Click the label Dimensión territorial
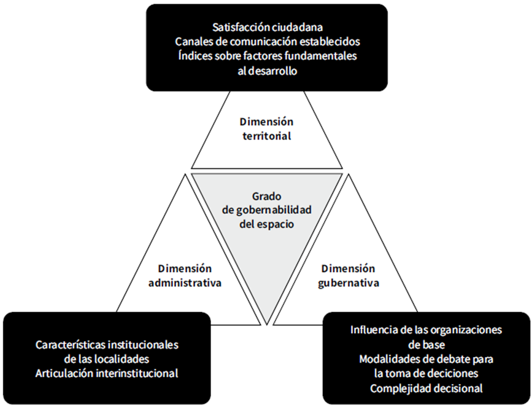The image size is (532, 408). pyautogui.click(x=266, y=128)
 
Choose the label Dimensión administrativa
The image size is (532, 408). pyautogui.click(x=185, y=276)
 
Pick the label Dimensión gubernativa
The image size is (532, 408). pyautogui.click(x=349, y=276)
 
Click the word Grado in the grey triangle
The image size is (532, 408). pyautogui.click(x=266, y=197)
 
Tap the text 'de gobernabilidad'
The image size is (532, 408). pyautogui.click(x=266, y=210)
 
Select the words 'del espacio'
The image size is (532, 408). pyautogui.click(x=266, y=224)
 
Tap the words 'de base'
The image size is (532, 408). pyautogui.click(x=426, y=344)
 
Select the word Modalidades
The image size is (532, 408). pyautogui.click(x=388, y=358)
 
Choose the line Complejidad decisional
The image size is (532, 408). pyautogui.click(x=426, y=387)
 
